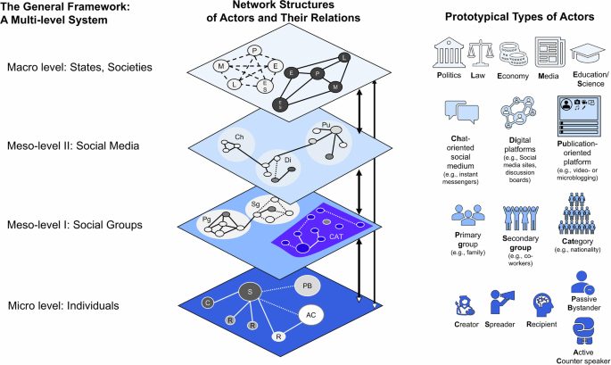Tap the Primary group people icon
coord(465,216)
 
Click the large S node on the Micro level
coord(250,292)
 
